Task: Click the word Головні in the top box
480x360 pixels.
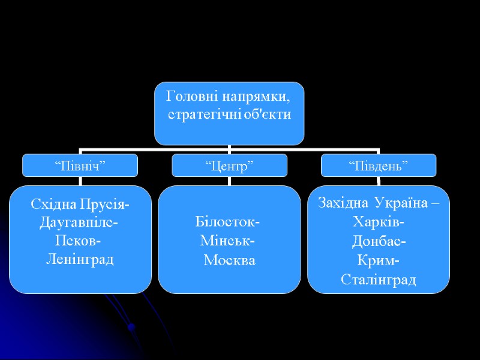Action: tap(188, 96)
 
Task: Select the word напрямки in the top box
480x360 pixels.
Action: tap(251, 96)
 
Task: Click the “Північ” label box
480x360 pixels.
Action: tap(80, 166)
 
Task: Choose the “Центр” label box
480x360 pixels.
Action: tap(229, 166)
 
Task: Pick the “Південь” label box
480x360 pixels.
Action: tap(379, 166)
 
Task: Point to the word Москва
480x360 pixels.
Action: tap(230, 260)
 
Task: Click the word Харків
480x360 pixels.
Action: tap(378, 223)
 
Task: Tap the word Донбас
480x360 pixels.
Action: tap(378, 242)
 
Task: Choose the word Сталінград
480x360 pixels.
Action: tap(378, 280)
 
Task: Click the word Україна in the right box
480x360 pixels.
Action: tap(401, 203)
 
